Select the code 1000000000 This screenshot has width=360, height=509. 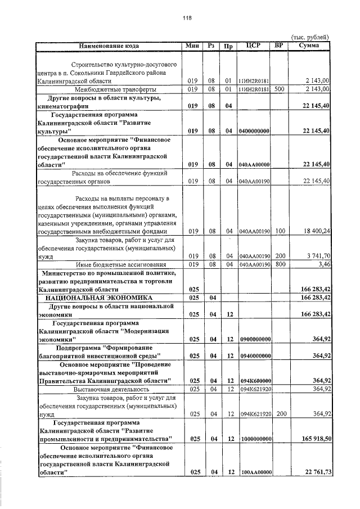point(255,438)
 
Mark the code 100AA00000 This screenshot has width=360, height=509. point(255,472)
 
